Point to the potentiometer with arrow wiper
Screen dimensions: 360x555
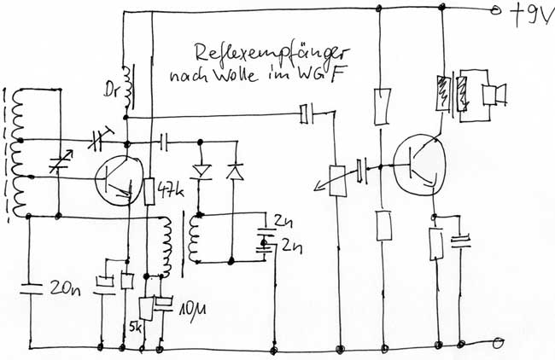point(335,181)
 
